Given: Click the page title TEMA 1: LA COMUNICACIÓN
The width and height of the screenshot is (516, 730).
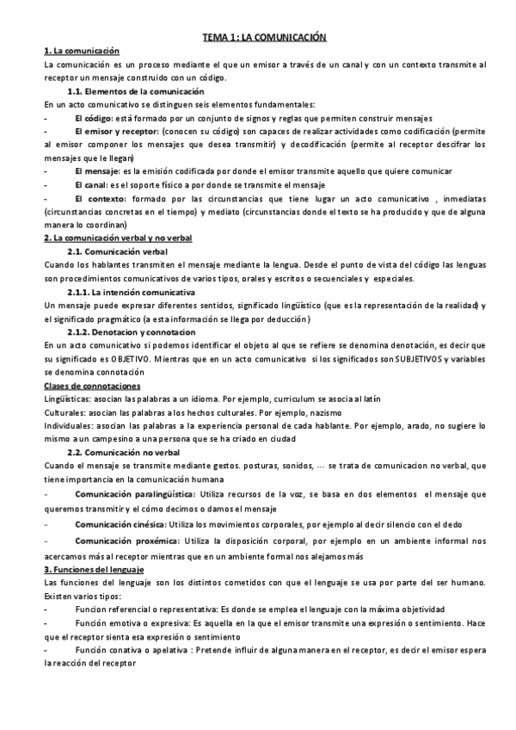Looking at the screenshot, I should tap(265, 38).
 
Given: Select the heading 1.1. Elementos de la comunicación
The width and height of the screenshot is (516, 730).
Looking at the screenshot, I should tap(136, 90).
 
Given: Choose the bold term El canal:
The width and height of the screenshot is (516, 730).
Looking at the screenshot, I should tap(91, 184).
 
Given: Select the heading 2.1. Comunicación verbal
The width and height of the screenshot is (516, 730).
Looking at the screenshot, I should tap(117, 251).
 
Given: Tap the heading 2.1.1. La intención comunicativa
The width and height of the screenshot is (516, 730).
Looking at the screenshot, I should tap(132, 293).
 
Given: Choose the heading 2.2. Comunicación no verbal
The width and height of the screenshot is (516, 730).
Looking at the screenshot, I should tap(123, 452).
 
